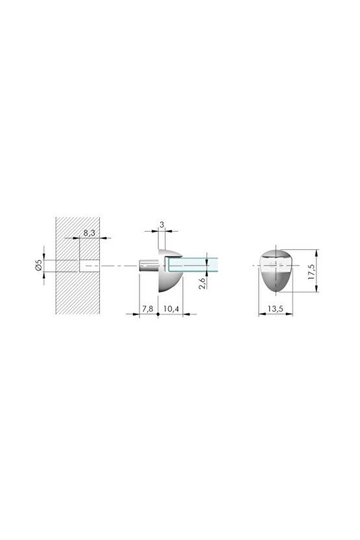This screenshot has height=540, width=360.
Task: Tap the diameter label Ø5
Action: pos(39,265)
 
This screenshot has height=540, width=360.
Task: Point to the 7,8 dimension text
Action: pos(147,309)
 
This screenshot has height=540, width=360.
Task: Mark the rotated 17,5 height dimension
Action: pos(312,271)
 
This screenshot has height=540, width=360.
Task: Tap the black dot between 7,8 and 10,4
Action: pos(158,314)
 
